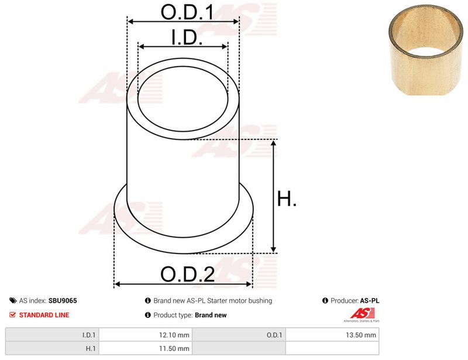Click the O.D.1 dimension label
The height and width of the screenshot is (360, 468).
click(x=187, y=12)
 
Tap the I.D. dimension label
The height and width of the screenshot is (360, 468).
click(x=187, y=37)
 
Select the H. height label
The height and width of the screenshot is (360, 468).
click(x=287, y=198)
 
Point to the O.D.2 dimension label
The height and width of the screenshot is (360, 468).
click(x=187, y=275)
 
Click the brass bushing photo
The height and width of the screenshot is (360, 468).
click(x=426, y=50)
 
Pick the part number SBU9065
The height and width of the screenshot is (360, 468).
click(x=63, y=300)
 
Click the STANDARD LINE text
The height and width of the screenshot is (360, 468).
click(x=44, y=315)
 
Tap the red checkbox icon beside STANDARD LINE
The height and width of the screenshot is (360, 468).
click(x=12, y=314)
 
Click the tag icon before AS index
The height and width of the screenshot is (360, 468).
click(x=13, y=300)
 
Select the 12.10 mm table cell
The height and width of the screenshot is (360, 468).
click(x=146, y=335)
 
